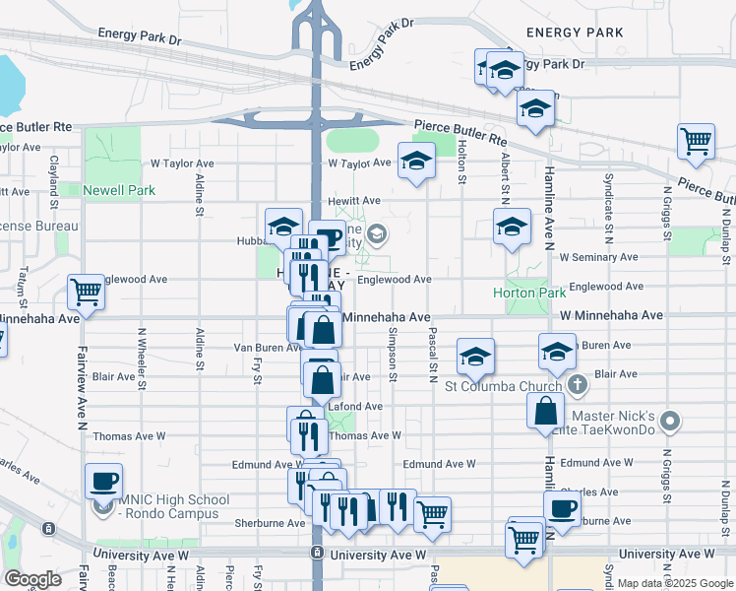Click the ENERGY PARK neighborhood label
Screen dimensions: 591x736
[x=575, y=33]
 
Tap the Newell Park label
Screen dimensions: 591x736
[x=119, y=190]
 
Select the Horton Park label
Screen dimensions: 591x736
[x=529, y=293]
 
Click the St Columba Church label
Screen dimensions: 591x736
[x=502, y=385]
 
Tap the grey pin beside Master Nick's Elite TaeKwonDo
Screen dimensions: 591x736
[x=670, y=423]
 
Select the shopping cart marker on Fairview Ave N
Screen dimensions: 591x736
[x=86, y=292]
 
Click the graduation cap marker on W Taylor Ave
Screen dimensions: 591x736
[x=416, y=161]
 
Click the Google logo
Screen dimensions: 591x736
[x=32, y=578]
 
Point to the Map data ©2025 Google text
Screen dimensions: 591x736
[x=675, y=583]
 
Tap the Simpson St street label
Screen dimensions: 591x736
[x=393, y=357]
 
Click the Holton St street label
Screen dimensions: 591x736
[x=461, y=159]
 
